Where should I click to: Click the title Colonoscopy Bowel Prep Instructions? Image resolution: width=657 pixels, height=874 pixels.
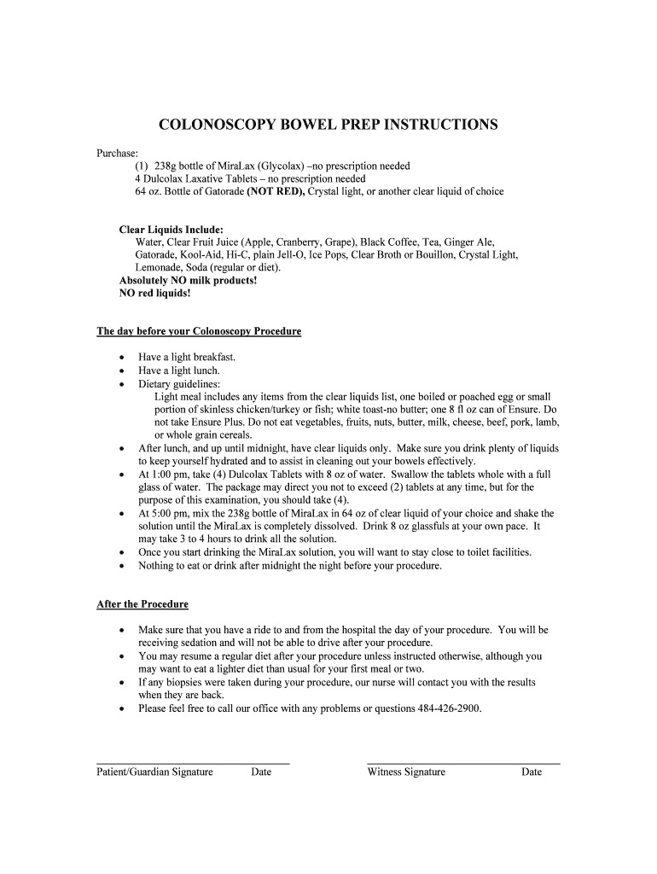coord(328,125)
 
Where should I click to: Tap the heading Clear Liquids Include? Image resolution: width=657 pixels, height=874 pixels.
coord(172,230)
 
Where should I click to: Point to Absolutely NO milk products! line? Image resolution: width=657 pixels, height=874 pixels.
coord(188,280)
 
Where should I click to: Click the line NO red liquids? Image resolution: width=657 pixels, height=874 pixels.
coord(155,293)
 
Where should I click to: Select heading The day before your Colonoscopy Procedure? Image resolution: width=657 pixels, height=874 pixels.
coord(199,331)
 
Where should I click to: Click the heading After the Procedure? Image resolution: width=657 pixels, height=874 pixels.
coord(142,604)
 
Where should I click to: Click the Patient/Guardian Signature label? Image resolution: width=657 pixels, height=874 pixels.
coord(154,772)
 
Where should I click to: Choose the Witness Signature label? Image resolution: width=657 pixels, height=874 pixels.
coord(406,772)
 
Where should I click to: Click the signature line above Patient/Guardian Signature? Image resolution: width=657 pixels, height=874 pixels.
coord(193,762)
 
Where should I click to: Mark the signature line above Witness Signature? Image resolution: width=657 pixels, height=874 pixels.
coord(463,762)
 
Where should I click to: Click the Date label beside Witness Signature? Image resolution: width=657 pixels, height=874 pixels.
coord(532,772)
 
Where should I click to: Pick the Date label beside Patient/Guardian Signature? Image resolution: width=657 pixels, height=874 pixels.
coord(261,772)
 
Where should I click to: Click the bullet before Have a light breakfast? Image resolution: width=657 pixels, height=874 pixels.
coord(123,358)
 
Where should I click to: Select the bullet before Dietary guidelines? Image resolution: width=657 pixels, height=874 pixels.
coord(123,384)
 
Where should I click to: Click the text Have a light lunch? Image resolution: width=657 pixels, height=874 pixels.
coord(179,370)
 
